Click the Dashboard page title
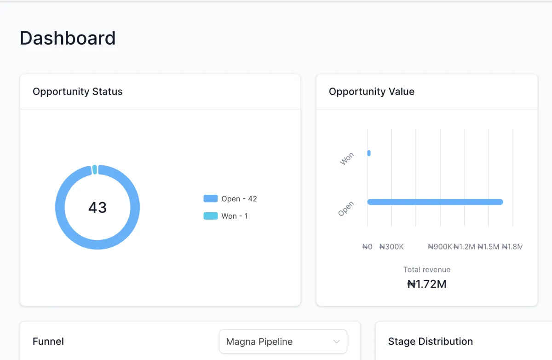pyautogui.click(x=68, y=38)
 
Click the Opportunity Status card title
pyautogui.click(x=77, y=92)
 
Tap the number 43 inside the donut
pyautogui.click(x=98, y=208)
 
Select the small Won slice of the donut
pyautogui.click(x=95, y=169)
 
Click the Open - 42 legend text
pyautogui.click(x=239, y=199)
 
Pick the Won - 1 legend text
pyautogui.click(x=235, y=216)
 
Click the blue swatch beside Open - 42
pyautogui.click(x=211, y=199)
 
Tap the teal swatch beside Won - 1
pyautogui.click(x=211, y=216)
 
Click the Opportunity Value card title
pyautogui.click(x=371, y=92)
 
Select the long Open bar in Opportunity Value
pyautogui.click(x=435, y=202)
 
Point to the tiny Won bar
pyautogui.click(x=369, y=153)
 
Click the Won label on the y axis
pyautogui.click(x=347, y=159)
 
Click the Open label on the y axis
pyautogui.click(x=346, y=209)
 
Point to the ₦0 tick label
pyautogui.click(x=367, y=247)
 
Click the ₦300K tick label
pyautogui.click(x=391, y=247)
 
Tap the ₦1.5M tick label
pyautogui.click(x=488, y=247)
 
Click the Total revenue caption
pyautogui.click(x=427, y=270)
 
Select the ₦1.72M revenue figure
pyautogui.click(x=427, y=284)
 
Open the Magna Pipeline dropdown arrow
pyautogui.click(x=336, y=342)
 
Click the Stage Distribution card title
pyautogui.click(x=430, y=342)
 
